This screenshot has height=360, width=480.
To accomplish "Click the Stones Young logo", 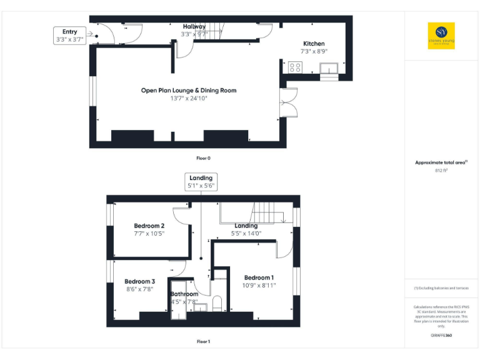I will tap(441, 36).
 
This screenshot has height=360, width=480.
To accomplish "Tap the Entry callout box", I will tap(69, 35).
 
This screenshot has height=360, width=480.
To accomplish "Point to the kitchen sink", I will tap(329, 67).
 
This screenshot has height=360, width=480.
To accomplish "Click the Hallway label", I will tap(193, 26).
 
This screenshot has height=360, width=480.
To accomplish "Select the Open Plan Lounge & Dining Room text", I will tap(188, 91).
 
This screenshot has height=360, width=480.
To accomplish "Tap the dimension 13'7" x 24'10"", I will tap(188, 99).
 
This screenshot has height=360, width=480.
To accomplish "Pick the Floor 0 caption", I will tap(203, 159).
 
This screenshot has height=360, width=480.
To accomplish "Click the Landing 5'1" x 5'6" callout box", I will tap(201, 182).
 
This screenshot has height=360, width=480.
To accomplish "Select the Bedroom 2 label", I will tap(149, 226).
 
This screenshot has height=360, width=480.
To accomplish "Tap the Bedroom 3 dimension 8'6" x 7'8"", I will tap(139, 289).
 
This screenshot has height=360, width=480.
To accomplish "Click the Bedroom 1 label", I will tap(259, 277).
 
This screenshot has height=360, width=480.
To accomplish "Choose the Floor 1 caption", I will tap(203, 342).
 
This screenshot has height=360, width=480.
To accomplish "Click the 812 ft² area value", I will tap(441, 170).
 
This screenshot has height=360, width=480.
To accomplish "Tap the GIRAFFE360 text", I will tap(441, 336).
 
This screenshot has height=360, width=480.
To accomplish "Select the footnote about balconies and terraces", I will tap(441, 288).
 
